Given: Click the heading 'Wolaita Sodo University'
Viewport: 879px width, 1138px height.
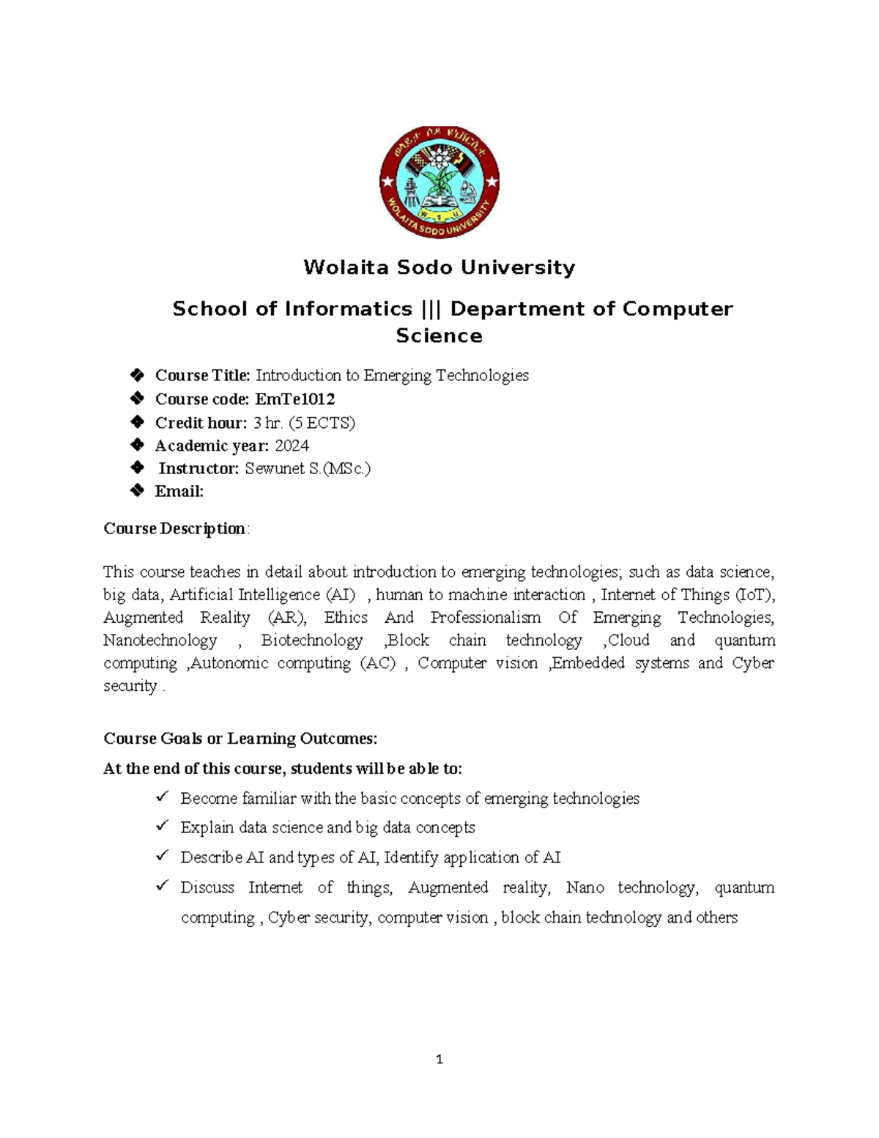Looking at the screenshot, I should (x=439, y=267).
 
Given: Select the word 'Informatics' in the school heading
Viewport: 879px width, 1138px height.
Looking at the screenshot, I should (x=348, y=309).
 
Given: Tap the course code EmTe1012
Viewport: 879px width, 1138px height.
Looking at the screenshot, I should (x=294, y=399).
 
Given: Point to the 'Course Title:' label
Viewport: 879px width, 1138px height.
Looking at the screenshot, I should (x=202, y=376).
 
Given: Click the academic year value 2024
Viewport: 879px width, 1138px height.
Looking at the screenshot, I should (x=292, y=446).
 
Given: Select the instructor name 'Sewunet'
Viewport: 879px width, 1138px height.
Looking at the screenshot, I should (x=272, y=469).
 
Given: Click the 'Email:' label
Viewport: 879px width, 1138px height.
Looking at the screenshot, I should (x=179, y=492).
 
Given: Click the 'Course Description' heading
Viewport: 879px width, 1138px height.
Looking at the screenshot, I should (x=174, y=529).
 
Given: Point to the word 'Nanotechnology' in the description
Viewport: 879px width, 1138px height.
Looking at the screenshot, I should (x=160, y=640).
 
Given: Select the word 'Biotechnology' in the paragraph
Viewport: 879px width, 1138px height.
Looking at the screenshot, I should (x=312, y=640).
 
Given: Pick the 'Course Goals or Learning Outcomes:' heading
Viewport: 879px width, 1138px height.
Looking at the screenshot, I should (x=240, y=739).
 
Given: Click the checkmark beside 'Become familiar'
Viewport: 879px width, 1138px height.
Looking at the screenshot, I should (x=163, y=797).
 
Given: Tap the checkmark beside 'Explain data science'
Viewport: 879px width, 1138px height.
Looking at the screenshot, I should (x=163, y=826).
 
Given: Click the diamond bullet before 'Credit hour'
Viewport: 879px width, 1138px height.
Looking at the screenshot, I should (x=136, y=422).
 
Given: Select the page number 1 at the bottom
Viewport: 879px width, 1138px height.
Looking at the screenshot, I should (x=439, y=1060).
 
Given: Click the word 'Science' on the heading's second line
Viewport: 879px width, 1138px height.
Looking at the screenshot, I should (x=439, y=336).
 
